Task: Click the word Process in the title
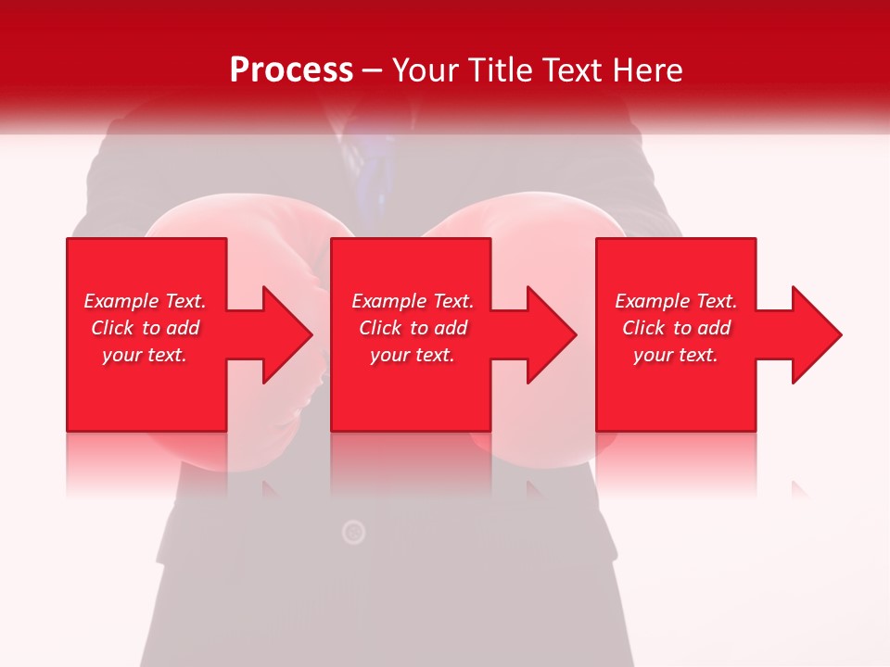click(291, 70)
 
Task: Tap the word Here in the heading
click(645, 70)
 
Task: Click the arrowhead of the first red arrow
click(288, 334)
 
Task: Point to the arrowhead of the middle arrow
click(553, 334)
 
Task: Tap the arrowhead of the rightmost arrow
click(817, 334)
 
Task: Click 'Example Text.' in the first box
click(145, 301)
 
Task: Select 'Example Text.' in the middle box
click(413, 301)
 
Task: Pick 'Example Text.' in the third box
click(676, 301)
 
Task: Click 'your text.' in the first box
click(145, 355)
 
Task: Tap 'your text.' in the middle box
click(413, 355)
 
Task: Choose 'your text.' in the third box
click(676, 355)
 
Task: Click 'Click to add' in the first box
click(145, 328)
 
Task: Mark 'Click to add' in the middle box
click(413, 328)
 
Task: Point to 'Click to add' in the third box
click(676, 328)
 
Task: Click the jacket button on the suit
click(353, 532)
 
